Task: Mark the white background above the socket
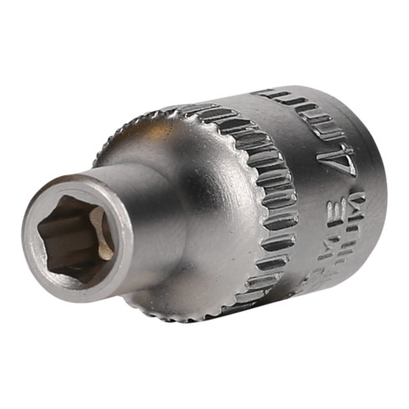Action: [x=204, y=42]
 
